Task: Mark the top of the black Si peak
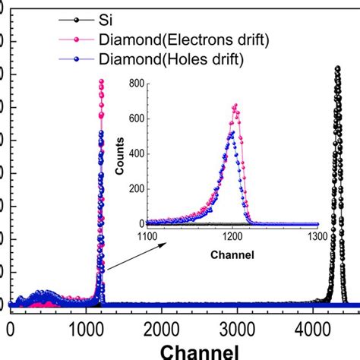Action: (x=336, y=68)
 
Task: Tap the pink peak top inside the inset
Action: (x=235, y=105)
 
